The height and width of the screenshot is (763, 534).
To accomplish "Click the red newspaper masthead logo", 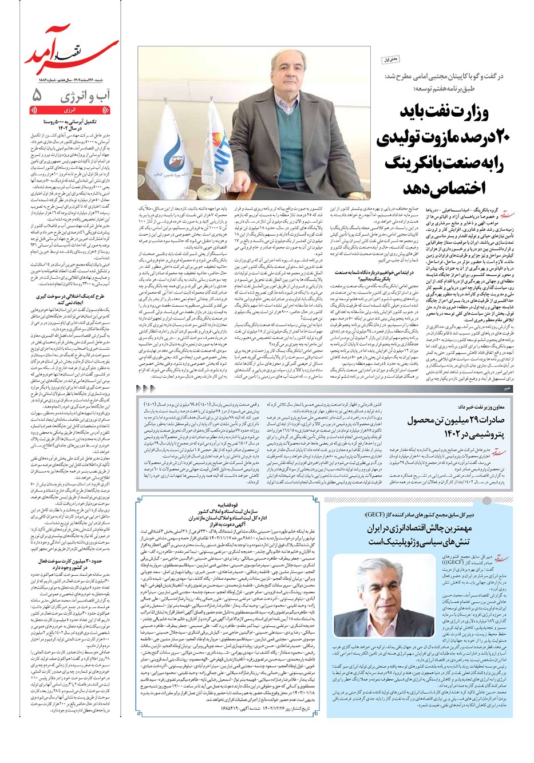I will tap(71, 59).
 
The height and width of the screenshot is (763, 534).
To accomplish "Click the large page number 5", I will tap(38, 94).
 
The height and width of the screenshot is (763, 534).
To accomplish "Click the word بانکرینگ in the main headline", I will tap(409, 163).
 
